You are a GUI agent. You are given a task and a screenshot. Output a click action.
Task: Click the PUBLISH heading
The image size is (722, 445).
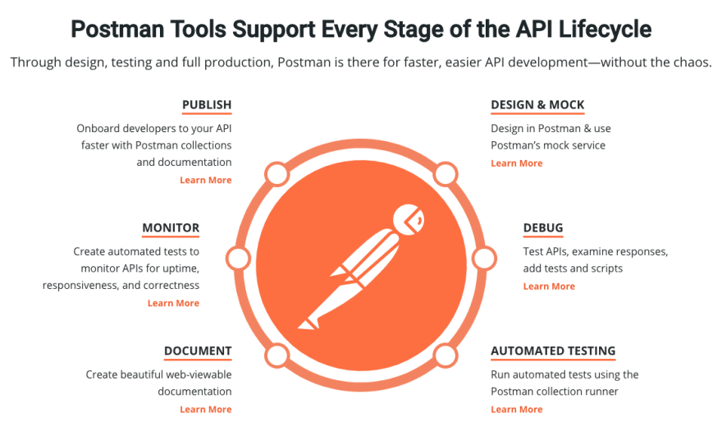click(207, 105)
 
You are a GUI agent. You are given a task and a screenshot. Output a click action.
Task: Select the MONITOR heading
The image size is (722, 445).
click(171, 228)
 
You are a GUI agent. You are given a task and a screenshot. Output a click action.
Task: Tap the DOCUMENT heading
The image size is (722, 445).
click(198, 351)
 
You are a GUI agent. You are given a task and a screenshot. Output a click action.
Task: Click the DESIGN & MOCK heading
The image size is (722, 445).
click(537, 105)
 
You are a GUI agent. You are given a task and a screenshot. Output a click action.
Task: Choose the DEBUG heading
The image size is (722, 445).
click(543, 228)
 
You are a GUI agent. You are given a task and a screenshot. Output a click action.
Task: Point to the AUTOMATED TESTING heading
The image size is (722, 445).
click(553, 351)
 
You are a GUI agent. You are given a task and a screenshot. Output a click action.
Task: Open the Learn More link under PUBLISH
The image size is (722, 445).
click(206, 180)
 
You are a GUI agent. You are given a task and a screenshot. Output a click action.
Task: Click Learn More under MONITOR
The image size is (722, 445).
click(174, 303)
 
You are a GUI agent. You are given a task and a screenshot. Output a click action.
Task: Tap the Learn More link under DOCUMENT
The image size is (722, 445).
click(206, 410)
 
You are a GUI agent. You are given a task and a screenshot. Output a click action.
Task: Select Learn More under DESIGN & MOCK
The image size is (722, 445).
click(517, 163)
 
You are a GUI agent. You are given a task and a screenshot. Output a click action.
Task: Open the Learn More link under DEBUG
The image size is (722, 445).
click(549, 286)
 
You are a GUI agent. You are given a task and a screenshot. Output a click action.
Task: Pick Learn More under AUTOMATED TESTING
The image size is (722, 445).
click(517, 410)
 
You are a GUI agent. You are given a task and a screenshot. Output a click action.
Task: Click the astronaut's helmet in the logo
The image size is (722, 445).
click(409, 220)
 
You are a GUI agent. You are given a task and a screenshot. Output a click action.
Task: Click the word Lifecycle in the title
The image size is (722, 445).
click(605, 29)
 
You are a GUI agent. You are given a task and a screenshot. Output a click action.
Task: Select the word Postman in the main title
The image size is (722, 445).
click(117, 29)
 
